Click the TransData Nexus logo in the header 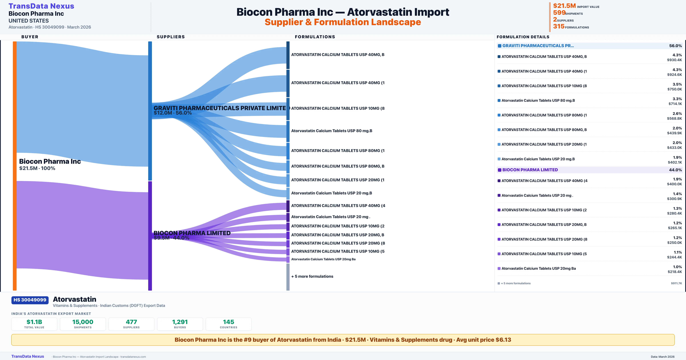41,6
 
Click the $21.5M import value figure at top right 564,6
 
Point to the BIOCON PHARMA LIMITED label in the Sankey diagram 192,233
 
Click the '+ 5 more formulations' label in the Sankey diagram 312,276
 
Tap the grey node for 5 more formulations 288,277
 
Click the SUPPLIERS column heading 171,37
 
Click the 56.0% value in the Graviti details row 675,46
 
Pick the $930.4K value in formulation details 674,60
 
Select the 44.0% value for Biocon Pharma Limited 675,170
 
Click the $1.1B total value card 34,324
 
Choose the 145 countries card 229,324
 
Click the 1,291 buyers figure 180,322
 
